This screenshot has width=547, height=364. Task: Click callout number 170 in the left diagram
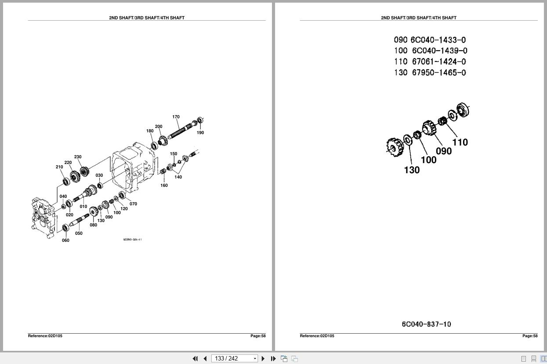click(x=176, y=117)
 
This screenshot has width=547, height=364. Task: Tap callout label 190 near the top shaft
click(x=200, y=133)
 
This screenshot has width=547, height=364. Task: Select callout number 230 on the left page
click(x=78, y=157)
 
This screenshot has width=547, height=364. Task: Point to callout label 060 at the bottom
click(x=65, y=240)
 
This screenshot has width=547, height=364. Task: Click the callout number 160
click(x=164, y=186)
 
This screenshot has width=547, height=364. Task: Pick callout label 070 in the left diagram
click(x=133, y=204)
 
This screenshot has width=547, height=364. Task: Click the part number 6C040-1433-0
click(x=438, y=40)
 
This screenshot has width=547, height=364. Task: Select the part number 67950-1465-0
click(x=438, y=73)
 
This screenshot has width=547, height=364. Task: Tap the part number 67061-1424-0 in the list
click(x=438, y=62)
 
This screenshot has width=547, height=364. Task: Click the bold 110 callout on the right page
click(x=460, y=142)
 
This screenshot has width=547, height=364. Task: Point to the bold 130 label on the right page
click(x=412, y=170)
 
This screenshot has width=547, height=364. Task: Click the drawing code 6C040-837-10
click(x=426, y=324)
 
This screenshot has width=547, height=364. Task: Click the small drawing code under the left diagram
click(x=132, y=240)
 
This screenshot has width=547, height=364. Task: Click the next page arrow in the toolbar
click(x=263, y=359)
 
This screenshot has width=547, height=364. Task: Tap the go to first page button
click(x=195, y=359)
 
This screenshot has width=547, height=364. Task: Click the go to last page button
click(x=273, y=359)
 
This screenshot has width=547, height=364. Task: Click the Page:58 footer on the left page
click(x=258, y=336)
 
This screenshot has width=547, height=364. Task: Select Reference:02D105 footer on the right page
click(x=317, y=336)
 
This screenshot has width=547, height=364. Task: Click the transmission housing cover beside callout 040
click(x=43, y=218)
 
